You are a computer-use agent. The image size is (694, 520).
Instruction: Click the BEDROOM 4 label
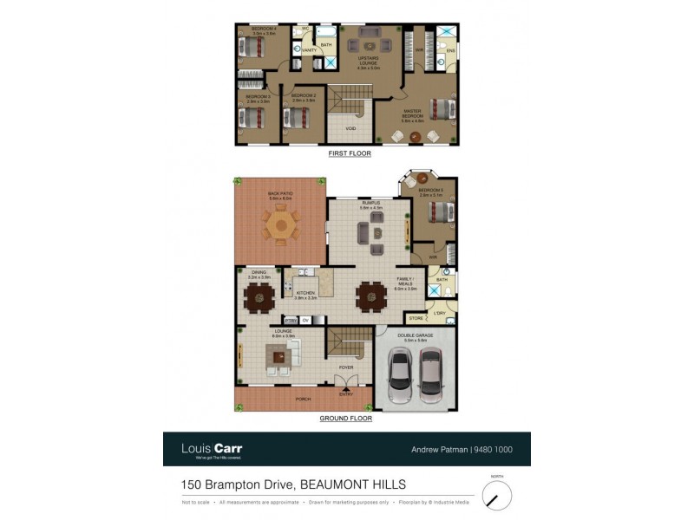pos(264,29)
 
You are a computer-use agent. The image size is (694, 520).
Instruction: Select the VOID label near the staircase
pos(350,128)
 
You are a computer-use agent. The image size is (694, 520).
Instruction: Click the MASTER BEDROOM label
pos(411,113)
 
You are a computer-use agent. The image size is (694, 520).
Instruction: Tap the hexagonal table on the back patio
pos(279,227)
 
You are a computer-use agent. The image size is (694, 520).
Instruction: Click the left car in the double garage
pos(401,375)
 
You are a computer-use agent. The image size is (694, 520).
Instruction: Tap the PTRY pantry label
pos(291,319)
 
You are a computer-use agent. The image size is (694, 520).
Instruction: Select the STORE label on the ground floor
pos(416,319)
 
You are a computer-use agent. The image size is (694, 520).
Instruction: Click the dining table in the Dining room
pos(259,299)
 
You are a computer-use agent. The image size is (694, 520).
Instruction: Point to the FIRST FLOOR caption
pos(350,153)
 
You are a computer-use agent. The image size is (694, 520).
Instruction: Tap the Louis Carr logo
pos(211,449)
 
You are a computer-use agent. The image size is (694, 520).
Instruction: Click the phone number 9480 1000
pos(495,450)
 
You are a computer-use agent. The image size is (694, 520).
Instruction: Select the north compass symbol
pos(496,497)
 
